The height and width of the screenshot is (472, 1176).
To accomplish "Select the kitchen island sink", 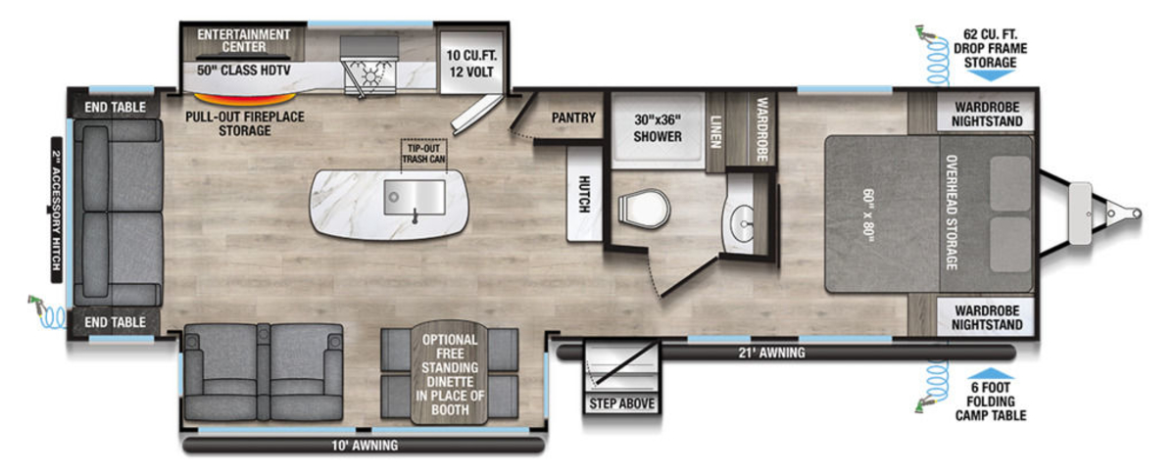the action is coord(415,197).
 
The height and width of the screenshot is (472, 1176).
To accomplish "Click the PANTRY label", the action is coord(573,118).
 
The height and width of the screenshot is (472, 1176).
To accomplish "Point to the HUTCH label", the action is coord(584,194).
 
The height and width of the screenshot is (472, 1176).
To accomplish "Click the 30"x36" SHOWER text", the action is coord(658,128).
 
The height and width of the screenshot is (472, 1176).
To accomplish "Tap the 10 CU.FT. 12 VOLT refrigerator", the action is coord(471,63).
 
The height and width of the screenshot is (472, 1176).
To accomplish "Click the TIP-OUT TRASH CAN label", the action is coord(423,154).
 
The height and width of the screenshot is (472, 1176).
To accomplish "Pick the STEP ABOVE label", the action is coord(621,403).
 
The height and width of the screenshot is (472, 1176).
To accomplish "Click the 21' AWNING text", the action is coord(772,353).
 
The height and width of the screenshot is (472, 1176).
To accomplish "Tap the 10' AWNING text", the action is coord(365,446).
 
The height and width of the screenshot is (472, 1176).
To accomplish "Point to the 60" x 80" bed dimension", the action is coord(868,215).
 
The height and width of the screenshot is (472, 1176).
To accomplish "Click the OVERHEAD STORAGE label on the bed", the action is coord(952,212).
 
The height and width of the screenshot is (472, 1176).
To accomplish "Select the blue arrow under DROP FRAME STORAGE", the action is coord(990,75).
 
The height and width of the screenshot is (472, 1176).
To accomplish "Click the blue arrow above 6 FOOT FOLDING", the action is coord(990,374).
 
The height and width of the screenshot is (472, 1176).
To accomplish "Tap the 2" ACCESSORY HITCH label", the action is coord(56,210).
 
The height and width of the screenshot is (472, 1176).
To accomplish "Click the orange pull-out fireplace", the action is coord(245,100).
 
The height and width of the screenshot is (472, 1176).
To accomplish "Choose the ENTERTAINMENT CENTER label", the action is coord(244,41).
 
